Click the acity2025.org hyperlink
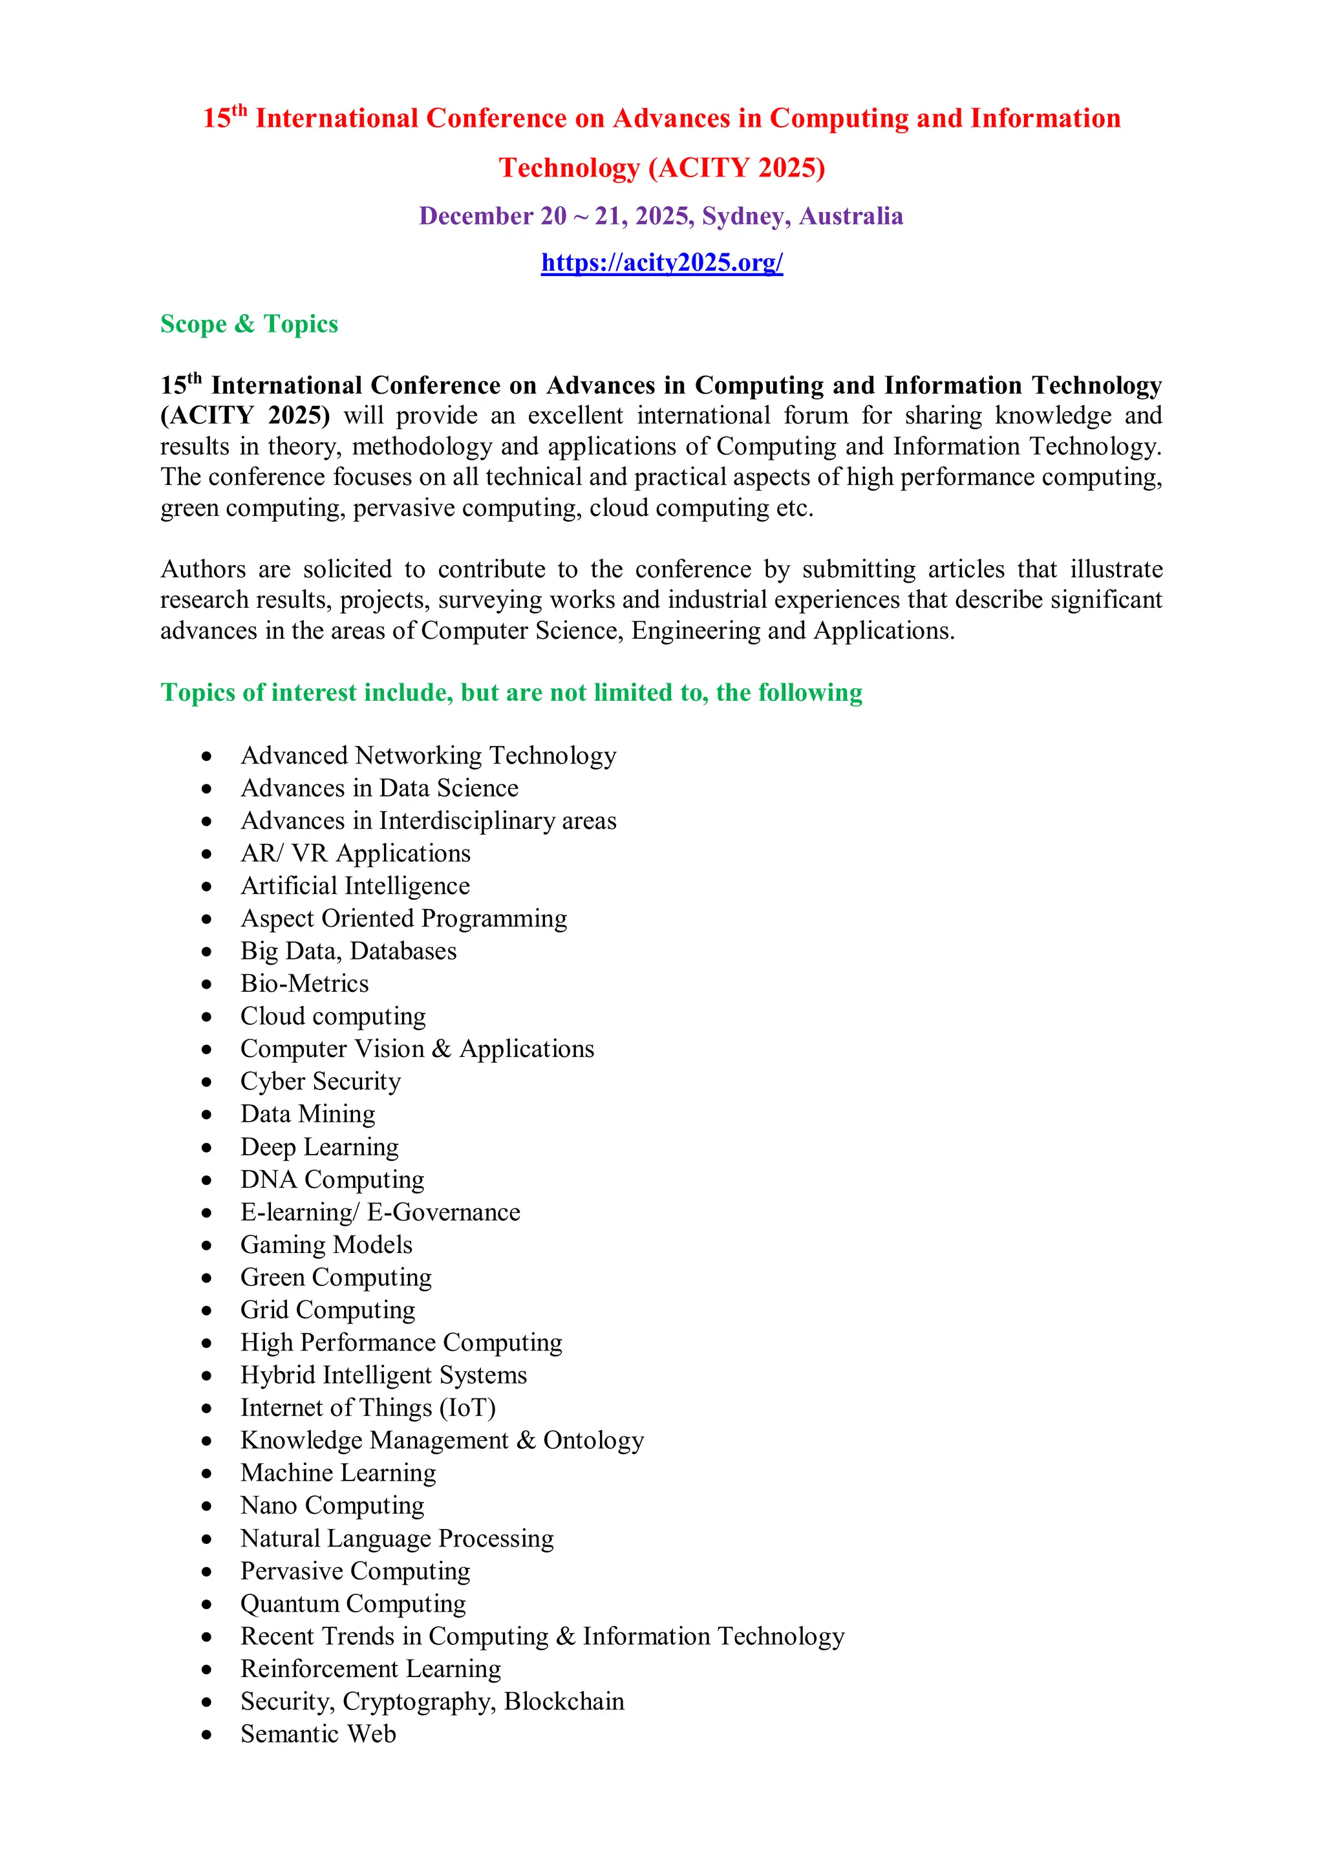tap(661, 262)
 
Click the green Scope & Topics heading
tap(249, 324)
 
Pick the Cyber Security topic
tap(321, 1081)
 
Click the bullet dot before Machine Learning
tap(208, 1473)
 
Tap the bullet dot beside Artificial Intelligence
tap(208, 886)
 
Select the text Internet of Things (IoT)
tap(368, 1407)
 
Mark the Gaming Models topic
tap(326, 1244)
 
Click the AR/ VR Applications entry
tap(356, 853)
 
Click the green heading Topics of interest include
tap(511, 692)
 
